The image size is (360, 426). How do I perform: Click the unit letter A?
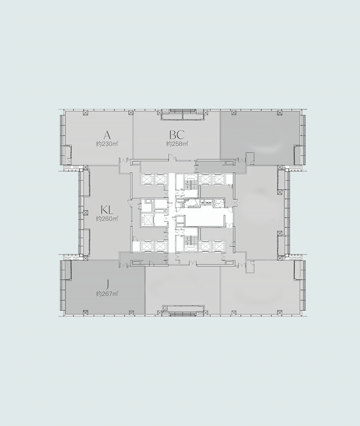point(107,135)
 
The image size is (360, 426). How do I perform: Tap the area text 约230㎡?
point(107,144)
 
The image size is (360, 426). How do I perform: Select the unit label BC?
point(177,135)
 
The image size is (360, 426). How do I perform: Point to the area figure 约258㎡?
point(177,144)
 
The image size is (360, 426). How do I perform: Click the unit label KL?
point(107,210)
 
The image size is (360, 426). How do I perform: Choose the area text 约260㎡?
point(107,219)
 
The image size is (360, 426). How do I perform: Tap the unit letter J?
point(108,285)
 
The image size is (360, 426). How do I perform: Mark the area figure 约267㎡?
point(107,294)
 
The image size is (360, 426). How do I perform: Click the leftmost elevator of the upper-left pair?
point(147,179)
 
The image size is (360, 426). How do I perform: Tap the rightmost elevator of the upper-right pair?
point(218,179)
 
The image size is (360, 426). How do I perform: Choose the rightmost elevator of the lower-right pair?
point(218,246)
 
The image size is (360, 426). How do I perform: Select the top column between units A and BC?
point(131,112)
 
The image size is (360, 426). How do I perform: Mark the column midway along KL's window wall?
point(86,213)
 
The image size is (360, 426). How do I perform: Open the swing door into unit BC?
point(171,157)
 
